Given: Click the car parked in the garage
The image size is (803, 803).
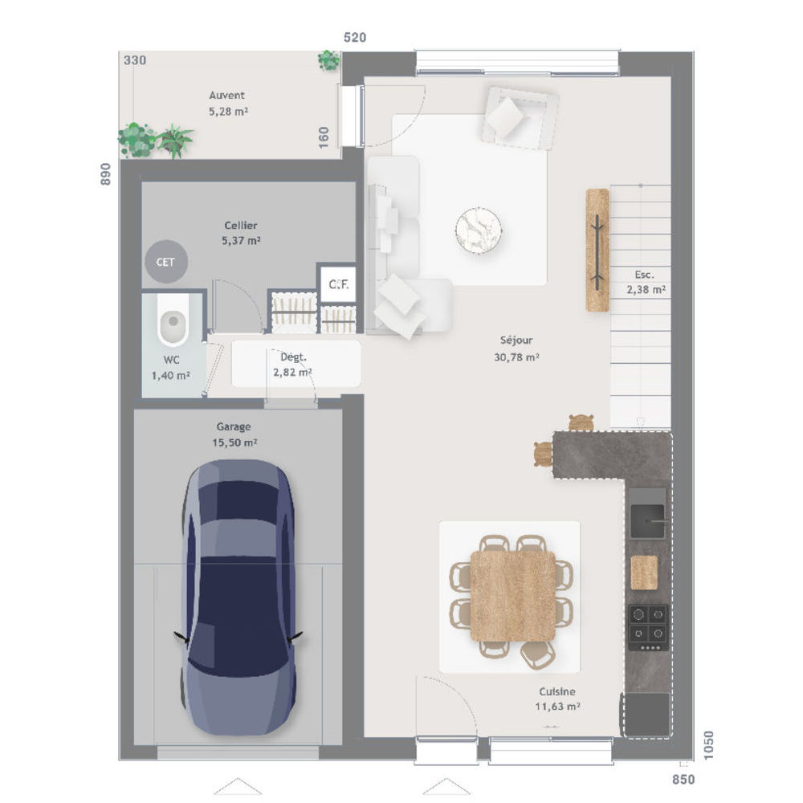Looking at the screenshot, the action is coord(238,597).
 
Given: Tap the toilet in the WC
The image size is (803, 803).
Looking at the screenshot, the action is coord(173,320).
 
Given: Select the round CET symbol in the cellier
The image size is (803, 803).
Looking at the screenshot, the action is coord(165,262).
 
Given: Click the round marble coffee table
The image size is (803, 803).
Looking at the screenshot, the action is coord(479,230).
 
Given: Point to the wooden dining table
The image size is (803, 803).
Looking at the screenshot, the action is coord(512,596).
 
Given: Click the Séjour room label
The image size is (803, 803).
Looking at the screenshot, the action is coord(516,349).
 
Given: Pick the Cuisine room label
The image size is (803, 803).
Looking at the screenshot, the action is coord(557,699).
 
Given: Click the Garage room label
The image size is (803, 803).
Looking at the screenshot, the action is coord(234,434).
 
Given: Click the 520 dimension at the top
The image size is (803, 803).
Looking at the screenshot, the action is coord(355,38).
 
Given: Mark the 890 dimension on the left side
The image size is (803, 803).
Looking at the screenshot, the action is coord(105,174).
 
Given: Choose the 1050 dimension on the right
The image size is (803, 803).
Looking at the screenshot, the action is coord(708,746).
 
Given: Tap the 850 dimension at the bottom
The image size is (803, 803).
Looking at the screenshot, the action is coord(683,780).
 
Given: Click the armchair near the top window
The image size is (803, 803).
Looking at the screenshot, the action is coord(520,118).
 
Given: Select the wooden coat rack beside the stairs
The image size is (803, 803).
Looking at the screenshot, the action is coord(597,250).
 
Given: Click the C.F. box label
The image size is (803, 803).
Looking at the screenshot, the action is coord(339,283).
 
